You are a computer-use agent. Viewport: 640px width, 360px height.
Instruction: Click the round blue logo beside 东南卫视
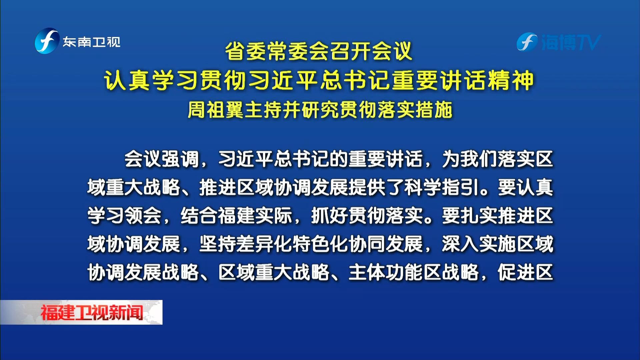(47, 41)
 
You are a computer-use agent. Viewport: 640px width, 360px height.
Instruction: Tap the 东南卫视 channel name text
(92, 42)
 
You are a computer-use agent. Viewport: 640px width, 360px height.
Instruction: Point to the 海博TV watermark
(559, 42)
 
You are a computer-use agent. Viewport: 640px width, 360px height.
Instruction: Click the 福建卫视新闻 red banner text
(92, 313)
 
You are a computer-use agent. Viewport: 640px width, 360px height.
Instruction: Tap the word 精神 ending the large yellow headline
(510, 81)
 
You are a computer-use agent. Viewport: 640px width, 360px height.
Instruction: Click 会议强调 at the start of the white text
(162, 159)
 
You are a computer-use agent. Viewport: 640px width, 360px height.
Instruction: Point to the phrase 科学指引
(442, 187)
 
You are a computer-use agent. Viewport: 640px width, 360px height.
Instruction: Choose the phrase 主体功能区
(395, 272)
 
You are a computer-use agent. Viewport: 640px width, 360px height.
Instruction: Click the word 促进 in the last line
(516, 272)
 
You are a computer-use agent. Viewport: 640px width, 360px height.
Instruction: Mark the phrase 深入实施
(479, 244)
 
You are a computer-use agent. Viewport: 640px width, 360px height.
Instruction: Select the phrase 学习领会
(124, 216)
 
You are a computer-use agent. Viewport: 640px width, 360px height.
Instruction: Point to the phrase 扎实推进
(498, 216)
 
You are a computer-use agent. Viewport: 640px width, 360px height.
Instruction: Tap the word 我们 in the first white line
(479, 159)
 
